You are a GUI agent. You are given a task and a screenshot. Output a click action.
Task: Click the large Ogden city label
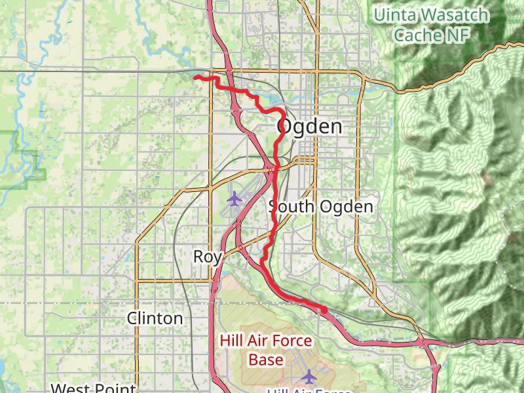click(310, 126)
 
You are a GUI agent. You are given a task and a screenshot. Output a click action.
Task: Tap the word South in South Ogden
click(292, 208)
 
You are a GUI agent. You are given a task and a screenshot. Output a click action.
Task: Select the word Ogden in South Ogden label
click(346, 208)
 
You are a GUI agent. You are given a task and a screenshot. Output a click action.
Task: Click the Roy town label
click(207, 257)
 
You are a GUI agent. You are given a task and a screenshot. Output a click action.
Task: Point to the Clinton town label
click(155, 319)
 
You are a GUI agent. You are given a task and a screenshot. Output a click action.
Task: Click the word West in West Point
click(71, 388)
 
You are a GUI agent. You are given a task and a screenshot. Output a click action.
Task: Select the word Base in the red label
click(265, 360)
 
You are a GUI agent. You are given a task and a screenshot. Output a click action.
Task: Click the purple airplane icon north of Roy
click(234, 197)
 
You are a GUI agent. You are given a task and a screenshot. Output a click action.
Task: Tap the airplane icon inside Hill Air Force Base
click(309, 376)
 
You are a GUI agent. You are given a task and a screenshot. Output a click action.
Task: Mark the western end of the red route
click(195, 77)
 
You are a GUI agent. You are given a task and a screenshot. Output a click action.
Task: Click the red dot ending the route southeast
click(324, 310)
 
